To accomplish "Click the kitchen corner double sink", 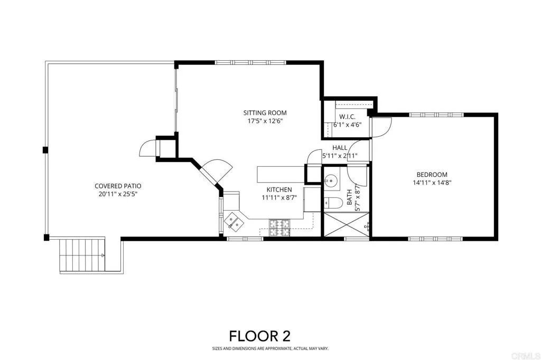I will click(234, 221).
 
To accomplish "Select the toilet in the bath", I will click(332, 203).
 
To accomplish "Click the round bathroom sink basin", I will click(331, 179).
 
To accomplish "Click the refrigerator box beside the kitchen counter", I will click(312, 198).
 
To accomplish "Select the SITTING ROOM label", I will click(265, 112).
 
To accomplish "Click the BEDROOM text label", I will click(432, 175).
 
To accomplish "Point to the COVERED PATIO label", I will click(118, 186).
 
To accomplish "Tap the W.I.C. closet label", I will click(347, 117).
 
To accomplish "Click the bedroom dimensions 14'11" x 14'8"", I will click(432, 183).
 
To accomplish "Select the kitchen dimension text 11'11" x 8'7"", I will click(279, 197).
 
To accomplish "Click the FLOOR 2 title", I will click(259, 336).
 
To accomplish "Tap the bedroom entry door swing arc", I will click(380, 126).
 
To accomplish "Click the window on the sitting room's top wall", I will click(250, 63).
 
